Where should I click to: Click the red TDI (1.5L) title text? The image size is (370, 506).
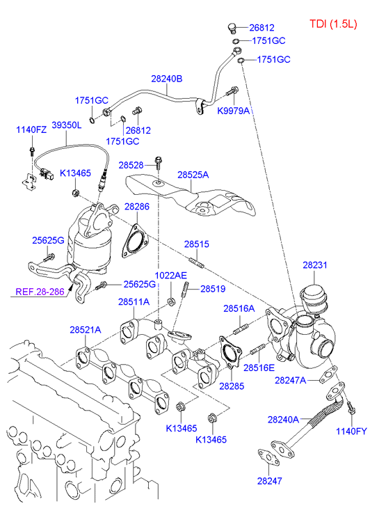pos(333,24)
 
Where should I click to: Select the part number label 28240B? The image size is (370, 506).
pos(167,79)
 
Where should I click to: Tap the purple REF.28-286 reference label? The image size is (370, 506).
pos(40,292)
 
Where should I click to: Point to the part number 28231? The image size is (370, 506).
pos(315,265)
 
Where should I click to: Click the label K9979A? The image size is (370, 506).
pos(233,111)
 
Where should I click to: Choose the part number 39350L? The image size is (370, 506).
pos(67,125)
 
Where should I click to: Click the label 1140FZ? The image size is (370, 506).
pos(31,129)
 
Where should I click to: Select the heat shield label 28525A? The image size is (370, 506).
pos(193,175)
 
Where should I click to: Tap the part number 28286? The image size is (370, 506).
pos(137,206)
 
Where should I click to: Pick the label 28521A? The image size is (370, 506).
pos(86,330)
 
